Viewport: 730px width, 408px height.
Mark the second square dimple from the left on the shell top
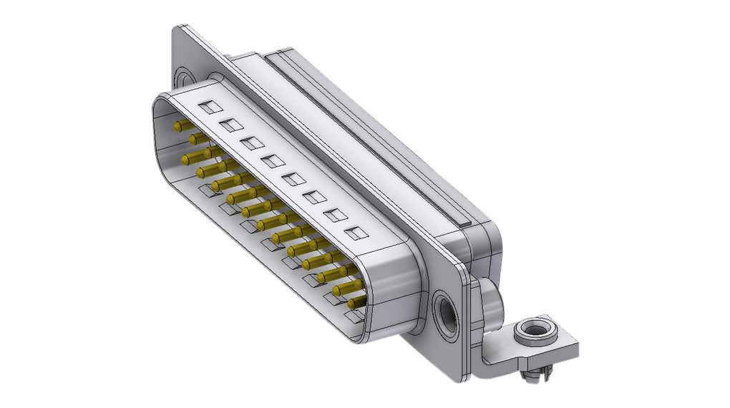231,126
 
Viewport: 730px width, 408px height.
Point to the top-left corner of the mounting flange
178,30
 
